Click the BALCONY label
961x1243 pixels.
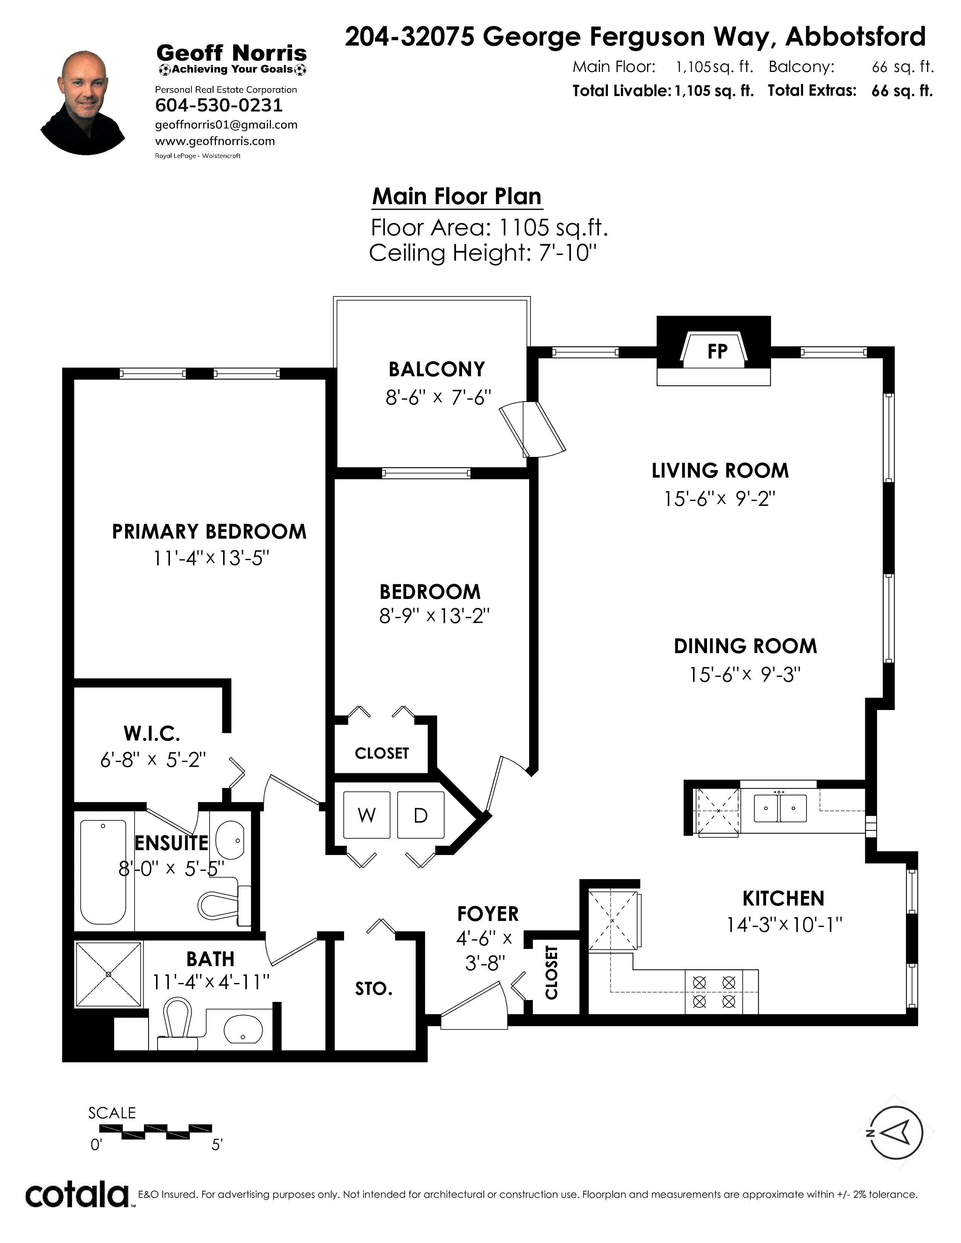437,370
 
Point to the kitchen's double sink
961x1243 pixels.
780,808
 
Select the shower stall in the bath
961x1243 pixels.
109,974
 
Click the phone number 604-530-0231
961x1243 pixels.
219,105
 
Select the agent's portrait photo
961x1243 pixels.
83,103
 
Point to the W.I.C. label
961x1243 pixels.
152,734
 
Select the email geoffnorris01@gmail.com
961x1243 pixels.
226,125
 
